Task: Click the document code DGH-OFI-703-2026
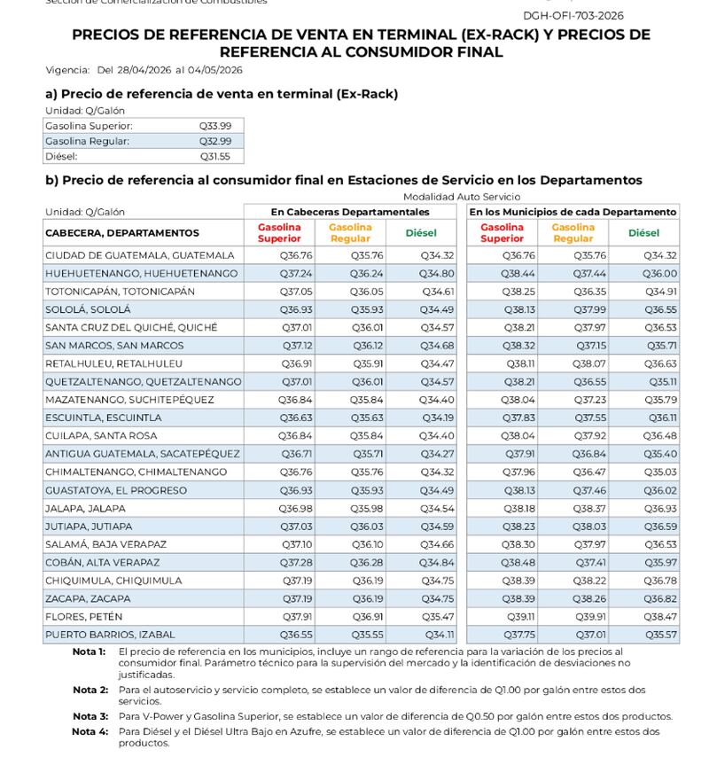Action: (x=573, y=15)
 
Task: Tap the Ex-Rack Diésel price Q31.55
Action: (x=215, y=156)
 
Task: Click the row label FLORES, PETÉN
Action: (x=83, y=617)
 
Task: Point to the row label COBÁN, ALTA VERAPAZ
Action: (x=102, y=563)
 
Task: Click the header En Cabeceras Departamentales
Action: (x=350, y=212)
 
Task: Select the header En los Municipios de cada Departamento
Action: (x=573, y=212)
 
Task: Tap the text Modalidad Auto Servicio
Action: (x=462, y=197)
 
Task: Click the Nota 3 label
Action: (x=90, y=716)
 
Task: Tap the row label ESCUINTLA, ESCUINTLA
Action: (x=103, y=418)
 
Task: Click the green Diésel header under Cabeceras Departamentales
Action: (x=421, y=233)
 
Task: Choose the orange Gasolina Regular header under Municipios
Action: (x=573, y=233)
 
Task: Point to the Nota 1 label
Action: (x=90, y=652)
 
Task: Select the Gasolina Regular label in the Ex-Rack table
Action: (x=87, y=141)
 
